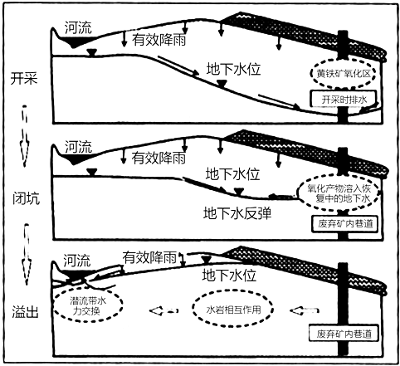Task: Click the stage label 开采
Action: (x=24, y=78)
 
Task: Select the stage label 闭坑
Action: (x=26, y=198)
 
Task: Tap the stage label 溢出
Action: (x=25, y=312)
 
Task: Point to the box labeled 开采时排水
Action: (x=344, y=99)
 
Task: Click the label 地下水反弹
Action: (x=237, y=213)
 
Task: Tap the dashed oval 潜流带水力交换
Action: (x=55, y=305)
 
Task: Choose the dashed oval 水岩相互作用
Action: (x=193, y=309)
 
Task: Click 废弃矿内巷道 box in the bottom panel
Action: (x=344, y=334)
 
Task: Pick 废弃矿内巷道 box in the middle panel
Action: (x=345, y=223)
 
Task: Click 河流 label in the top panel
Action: (x=78, y=27)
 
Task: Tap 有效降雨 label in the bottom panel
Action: (x=149, y=257)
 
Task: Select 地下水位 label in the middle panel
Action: (x=232, y=174)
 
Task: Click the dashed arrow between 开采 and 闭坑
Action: (x=24, y=135)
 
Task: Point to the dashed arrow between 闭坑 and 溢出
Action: (x=27, y=255)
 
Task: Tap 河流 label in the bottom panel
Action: (x=76, y=261)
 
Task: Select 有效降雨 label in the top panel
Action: (x=159, y=39)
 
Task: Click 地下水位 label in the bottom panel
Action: (x=229, y=276)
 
